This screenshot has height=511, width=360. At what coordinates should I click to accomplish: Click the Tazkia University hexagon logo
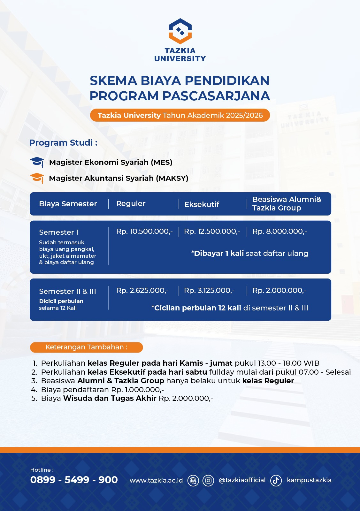(180, 31)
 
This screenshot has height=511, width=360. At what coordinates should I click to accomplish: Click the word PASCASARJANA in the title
(216, 96)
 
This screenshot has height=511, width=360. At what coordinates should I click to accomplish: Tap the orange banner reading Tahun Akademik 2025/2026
(180, 115)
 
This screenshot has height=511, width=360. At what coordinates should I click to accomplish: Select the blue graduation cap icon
(37, 162)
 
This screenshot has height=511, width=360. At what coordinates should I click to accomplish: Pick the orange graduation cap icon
(37, 178)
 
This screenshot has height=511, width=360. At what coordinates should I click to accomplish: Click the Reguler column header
(131, 203)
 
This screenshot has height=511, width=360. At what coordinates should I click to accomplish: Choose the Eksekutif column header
(202, 204)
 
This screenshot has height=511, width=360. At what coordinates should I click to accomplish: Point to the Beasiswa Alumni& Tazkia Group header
(287, 203)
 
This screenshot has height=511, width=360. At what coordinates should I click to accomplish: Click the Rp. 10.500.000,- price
(144, 231)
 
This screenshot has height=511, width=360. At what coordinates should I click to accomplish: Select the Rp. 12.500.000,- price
(212, 231)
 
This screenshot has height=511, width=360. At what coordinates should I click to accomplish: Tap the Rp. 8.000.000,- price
(280, 231)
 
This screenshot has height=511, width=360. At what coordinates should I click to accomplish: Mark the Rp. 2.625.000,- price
(142, 290)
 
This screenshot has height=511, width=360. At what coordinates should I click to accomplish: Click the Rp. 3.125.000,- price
(209, 290)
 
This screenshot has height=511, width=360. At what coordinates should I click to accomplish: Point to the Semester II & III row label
(67, 291)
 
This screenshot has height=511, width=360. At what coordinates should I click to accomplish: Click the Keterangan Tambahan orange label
(86, 347)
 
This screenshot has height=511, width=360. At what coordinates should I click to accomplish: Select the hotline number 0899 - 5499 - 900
(74, 480)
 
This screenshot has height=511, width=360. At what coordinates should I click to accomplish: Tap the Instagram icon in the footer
(208, 480)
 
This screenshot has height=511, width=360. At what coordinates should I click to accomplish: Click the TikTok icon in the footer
(276, 480)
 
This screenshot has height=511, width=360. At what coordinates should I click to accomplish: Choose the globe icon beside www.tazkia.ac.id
(193, 480)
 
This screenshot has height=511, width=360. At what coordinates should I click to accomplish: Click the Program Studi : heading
(63, 142)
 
